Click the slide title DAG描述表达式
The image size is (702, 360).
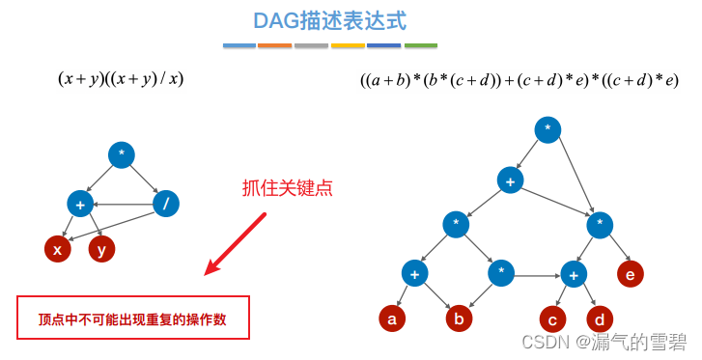point(329,20)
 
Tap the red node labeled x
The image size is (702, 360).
point(58,249)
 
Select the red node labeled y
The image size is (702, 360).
point(101,249)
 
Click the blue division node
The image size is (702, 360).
point(166,204)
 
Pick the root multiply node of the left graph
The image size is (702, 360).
point(122,155)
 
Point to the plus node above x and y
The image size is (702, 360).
point(80,204)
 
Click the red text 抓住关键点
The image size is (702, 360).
point(287,188)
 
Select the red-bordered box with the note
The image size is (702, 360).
point(133,318)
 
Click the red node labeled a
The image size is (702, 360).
point(392,318)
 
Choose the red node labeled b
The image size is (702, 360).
point(459,318)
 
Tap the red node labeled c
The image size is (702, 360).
point(552,318)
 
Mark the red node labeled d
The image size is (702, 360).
point(599,318)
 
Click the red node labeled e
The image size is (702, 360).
point(630,273)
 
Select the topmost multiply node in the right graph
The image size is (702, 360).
point(548,129)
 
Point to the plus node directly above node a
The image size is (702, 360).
point(414,273)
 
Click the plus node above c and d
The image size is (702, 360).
point(574,273)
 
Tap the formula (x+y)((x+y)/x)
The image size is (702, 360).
point(121,79)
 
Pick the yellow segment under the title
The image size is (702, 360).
point(348,45)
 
